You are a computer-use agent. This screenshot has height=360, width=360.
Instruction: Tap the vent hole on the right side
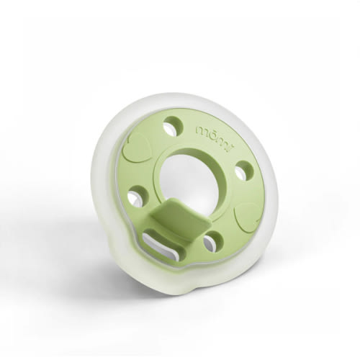tap(244, 171)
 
